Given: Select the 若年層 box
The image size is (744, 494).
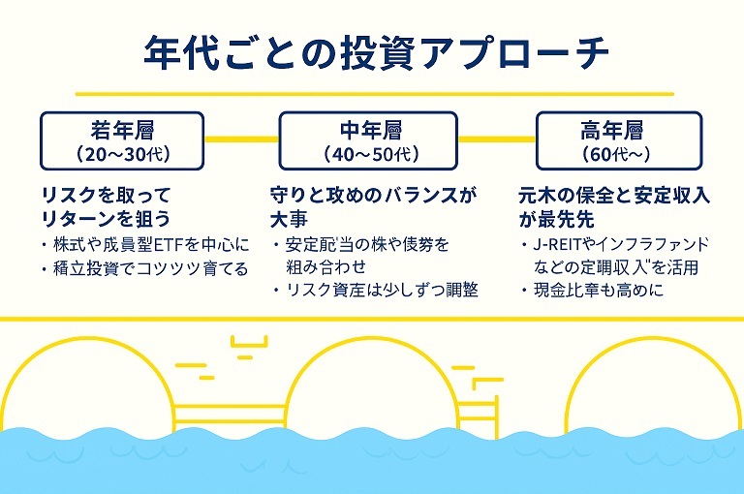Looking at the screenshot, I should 122,139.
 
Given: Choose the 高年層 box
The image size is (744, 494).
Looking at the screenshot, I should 615,139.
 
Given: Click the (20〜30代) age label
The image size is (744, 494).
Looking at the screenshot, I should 122,153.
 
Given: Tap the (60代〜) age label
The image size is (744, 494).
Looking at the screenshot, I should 615,153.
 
